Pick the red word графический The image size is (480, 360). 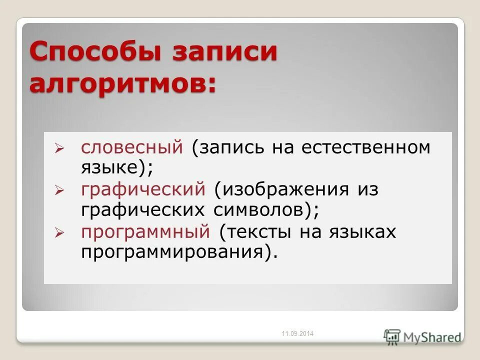pyautogui.click(x=143, y=190)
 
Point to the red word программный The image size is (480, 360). pyautogui.click(x=145, y=232)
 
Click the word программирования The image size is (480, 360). pyautogui.click(x=178, y=251)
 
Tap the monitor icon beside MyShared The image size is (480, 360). pyautogui.click(x=393, y=335)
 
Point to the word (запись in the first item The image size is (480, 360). pyautogui.click(x=227, y=148)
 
